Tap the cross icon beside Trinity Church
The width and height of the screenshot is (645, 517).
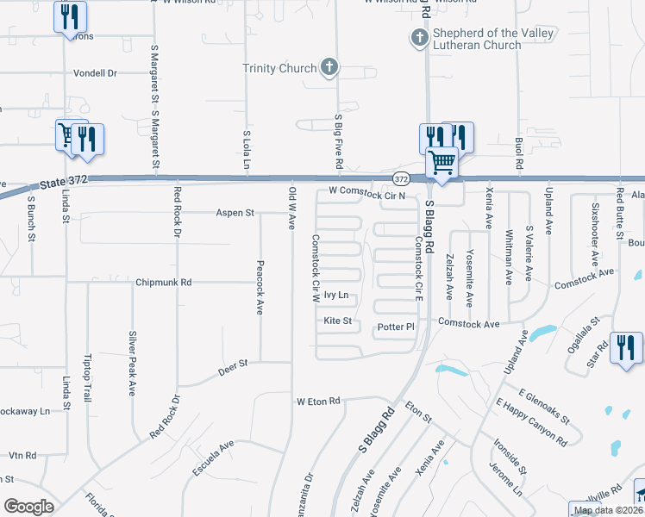(x=329, y=66)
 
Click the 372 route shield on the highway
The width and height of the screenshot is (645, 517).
(x=401, y=178)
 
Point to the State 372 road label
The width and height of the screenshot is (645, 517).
(x=64, y=181)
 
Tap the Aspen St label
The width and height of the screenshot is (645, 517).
(x=235, y=212)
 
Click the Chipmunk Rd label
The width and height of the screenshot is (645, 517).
(x=163, y=282)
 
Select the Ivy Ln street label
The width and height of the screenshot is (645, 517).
(x=336, y=295)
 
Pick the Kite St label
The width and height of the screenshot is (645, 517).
(x=338, y=321)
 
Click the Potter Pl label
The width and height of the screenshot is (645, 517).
(x=397, y=327)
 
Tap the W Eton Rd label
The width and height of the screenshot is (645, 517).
(x=319, y=402)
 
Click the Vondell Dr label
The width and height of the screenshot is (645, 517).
(x=96, y=73)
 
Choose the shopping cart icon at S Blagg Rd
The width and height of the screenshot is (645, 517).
(x=441, y=161)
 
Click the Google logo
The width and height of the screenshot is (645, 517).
(x=28, y=506)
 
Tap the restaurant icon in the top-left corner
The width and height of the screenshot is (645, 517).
(x=68, y=16)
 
